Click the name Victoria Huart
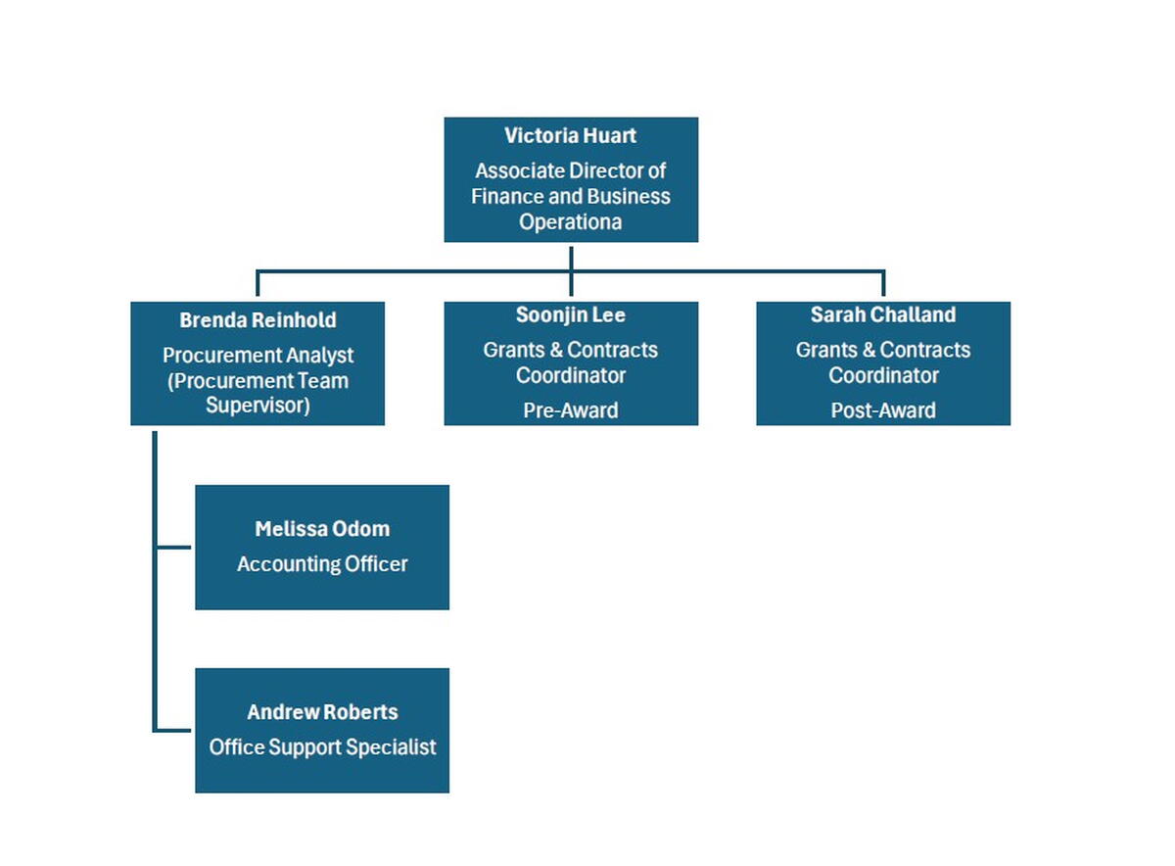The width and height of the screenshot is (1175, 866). tap(570, 135)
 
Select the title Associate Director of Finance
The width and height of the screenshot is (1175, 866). tap(570, 183)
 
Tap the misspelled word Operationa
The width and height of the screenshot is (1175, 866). tap(570, 222)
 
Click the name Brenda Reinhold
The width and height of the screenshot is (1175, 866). tap(258, 320)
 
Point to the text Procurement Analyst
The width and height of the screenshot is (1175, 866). tap(258, 356)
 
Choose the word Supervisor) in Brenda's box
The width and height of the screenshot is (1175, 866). tap(258, 406)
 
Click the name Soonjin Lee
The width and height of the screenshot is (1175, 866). tap(570, 315)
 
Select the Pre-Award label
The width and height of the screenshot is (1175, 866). tap(570, 410)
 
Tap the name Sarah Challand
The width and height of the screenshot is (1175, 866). tap(882, 315)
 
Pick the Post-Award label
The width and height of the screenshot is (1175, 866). tap(882, 410)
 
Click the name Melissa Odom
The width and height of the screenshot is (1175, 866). tap(322, 529)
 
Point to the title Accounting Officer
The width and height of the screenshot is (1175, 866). tap(322, 564)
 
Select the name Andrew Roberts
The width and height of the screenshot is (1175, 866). tap(322, 712)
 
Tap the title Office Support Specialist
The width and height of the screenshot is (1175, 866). tap(322, 747)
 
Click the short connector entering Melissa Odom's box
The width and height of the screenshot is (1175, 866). tap(174, 547)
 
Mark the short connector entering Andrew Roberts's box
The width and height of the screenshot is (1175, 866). tap(174, 730)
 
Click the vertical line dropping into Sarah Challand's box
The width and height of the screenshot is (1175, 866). tap(883, 284)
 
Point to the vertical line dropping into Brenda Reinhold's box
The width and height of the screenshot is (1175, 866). tap(258, 284)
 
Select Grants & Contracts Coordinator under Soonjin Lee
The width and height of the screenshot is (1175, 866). tap(570, 362)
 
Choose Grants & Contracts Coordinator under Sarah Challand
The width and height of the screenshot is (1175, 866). tap(882, 362)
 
